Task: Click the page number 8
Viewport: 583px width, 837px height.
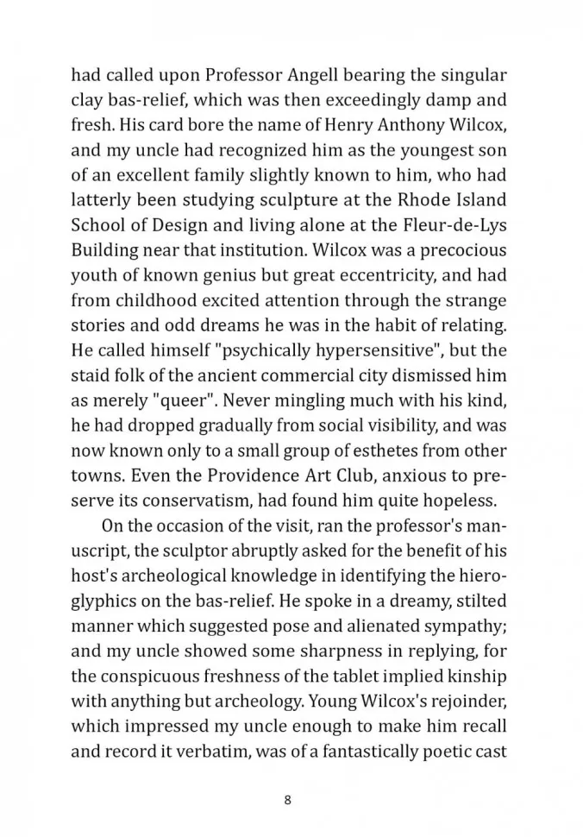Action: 287,799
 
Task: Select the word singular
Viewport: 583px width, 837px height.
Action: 467,74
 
